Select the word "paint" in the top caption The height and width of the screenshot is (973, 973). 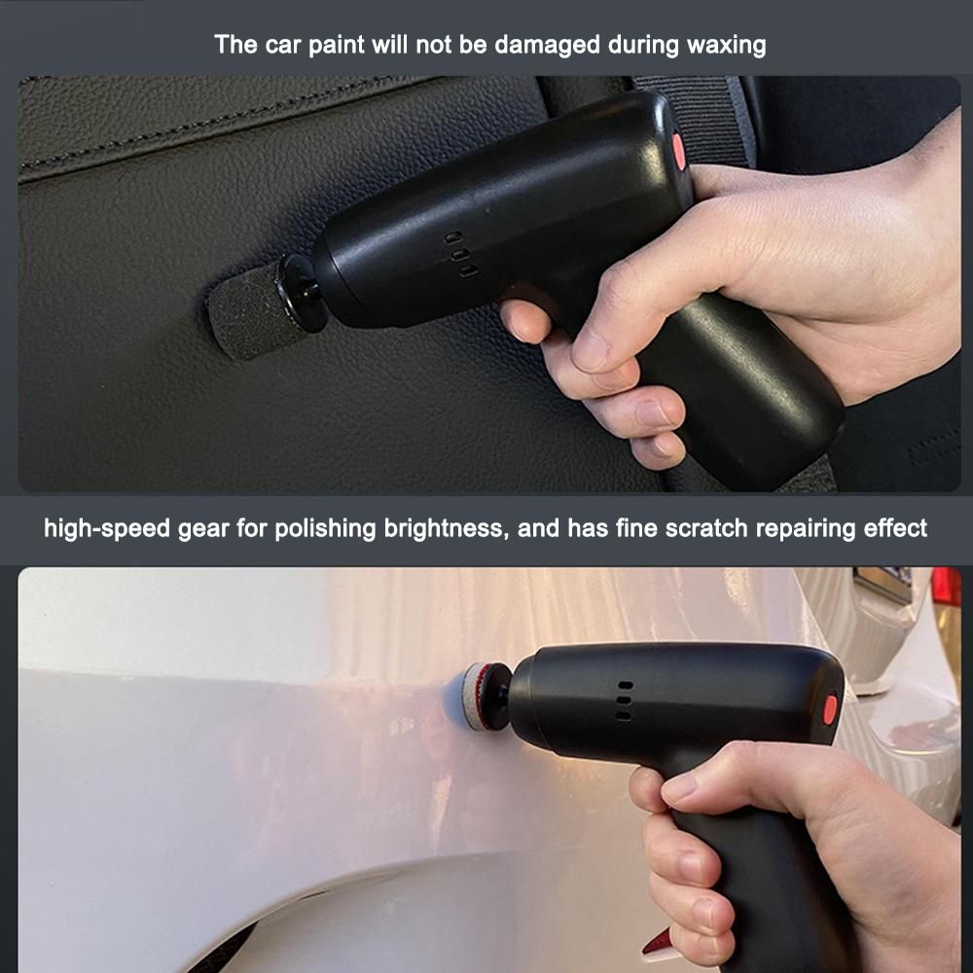point(336,45)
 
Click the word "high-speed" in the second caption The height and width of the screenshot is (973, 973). point(107,528)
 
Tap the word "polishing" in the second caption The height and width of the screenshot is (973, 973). point(325,528)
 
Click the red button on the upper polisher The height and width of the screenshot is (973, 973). point(679,151)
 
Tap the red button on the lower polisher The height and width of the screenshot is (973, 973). point(830,709)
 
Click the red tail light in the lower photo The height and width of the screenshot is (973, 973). point(947,589)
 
